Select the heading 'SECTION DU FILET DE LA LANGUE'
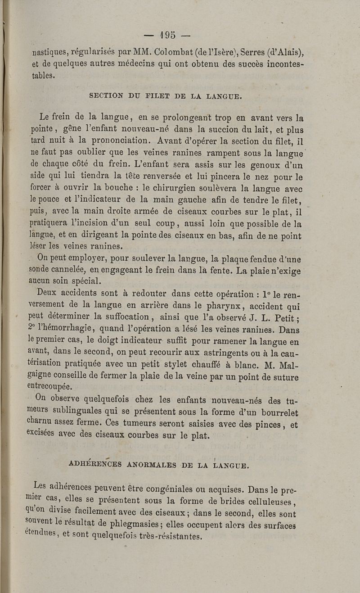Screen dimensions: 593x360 (x=166, y=95)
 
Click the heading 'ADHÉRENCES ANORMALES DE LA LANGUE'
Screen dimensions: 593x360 (x=157, y=464)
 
